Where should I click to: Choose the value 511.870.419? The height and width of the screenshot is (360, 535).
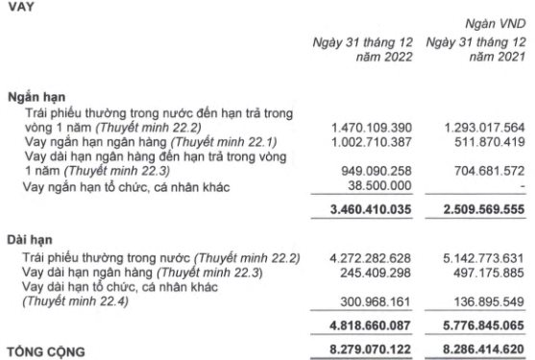[x=486, y=141]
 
